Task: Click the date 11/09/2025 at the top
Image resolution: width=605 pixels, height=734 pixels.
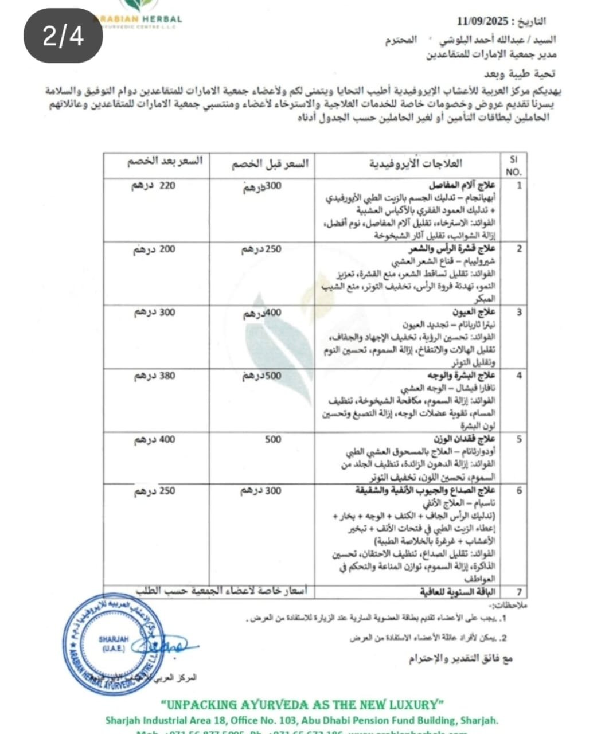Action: coord(483,22)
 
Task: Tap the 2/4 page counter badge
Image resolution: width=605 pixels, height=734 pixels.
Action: coord(63,37)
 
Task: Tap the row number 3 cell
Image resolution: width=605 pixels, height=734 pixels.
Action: coord(519,313)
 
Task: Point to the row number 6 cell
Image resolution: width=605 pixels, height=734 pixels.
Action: coord(519,491)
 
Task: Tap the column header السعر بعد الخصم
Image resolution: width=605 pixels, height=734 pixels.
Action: coord(165,161)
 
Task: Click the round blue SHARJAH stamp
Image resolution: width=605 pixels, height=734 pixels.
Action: coord(115,645)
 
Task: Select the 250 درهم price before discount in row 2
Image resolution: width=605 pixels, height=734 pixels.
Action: coord(261,249)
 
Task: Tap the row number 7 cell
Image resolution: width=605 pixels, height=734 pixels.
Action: coord(519,591)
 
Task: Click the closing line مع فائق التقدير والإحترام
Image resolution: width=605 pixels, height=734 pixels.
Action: coord(461,658)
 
